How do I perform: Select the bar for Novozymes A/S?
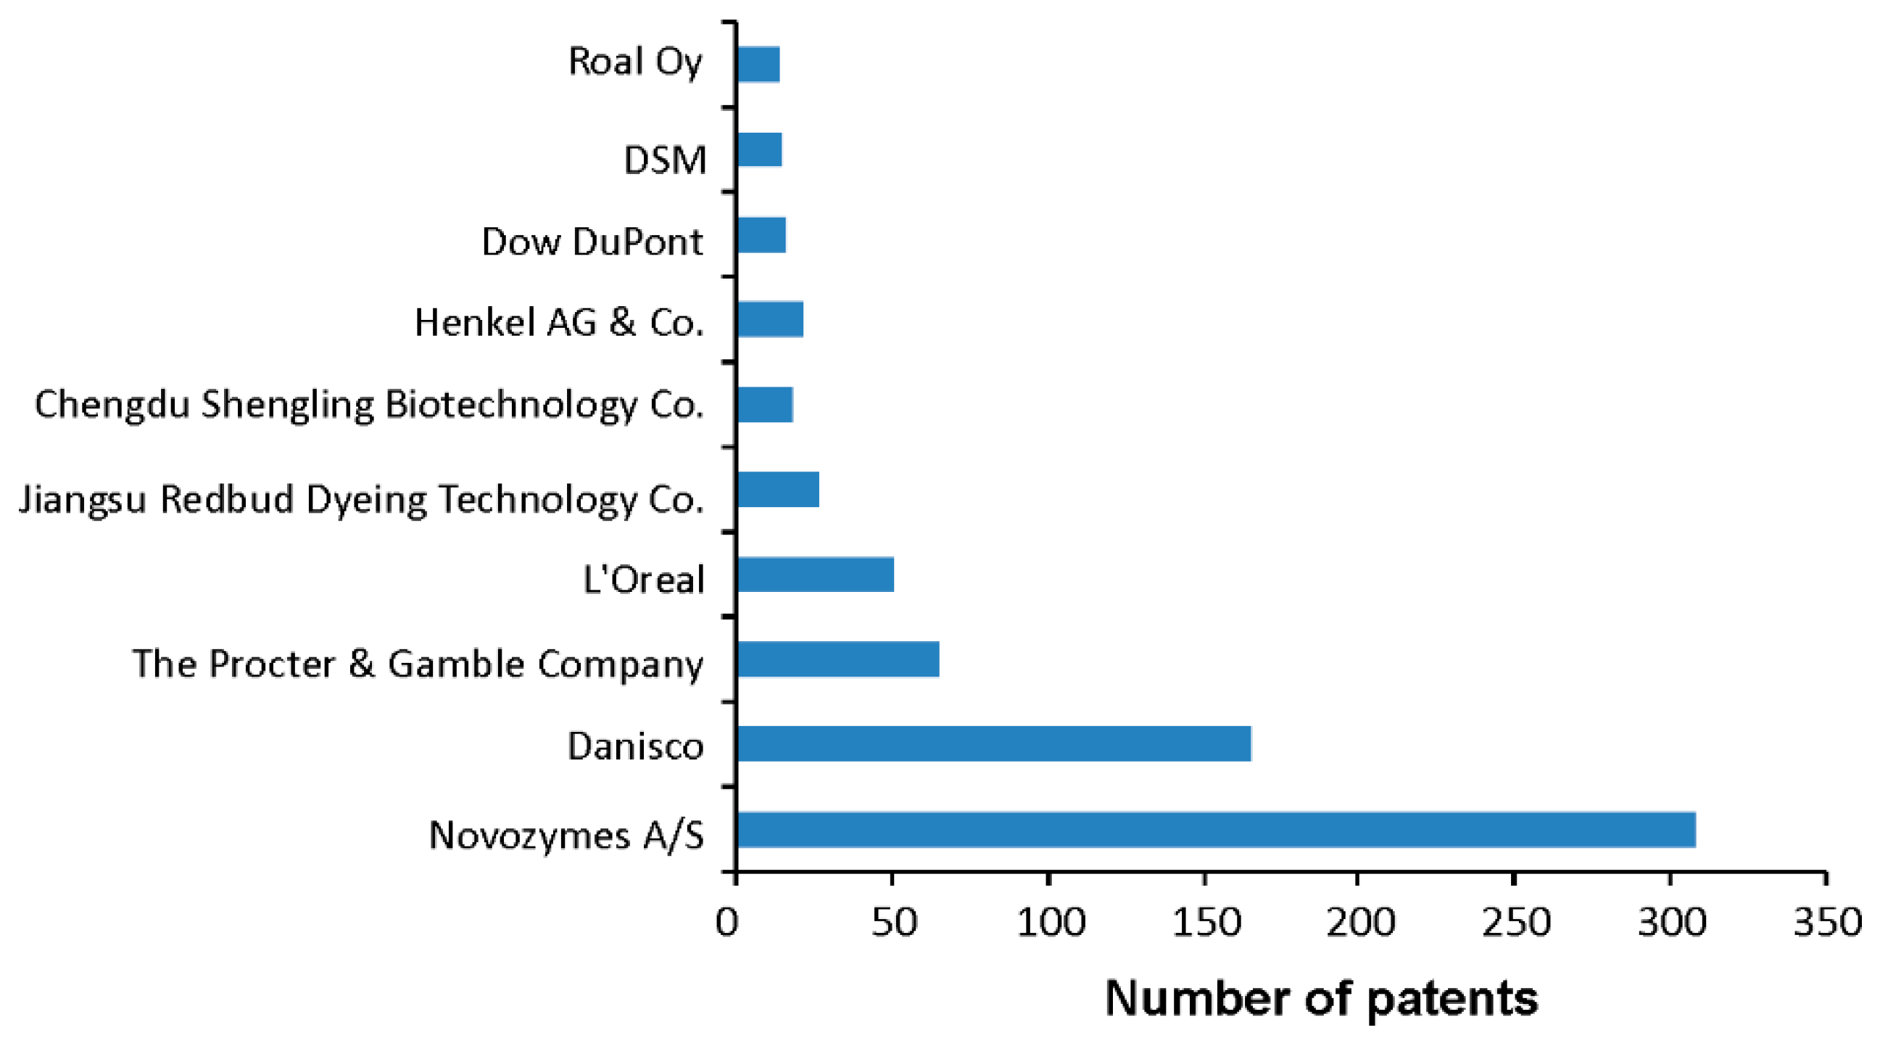pyautogui.click(x=1215, y=829)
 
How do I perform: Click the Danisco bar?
pyautogui.click(x=994, y=744)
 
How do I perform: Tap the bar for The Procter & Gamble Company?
pyautogui.click(x=838, y=659)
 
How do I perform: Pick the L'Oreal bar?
pyautogui.click(x=815, y=575)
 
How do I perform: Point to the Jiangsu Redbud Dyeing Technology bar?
pyautogui.click(x=778, y=489)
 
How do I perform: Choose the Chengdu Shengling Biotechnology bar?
pyautogui.click(x=765, y=404)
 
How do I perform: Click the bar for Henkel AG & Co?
pyautogui.click(x=770, y=319)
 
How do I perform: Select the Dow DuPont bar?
pyautogui.click(x=761, y=235)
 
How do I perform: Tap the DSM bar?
pyautogui.click(x=759, y=149)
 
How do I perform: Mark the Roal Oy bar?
pyautogui.click(x=758, y=65)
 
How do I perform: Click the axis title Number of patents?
pyautogui.click(x=1321, y=998)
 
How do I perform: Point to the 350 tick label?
pyautogui.click(x=1827, y=922)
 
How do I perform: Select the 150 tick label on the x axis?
pyautogui.click(x=1205, y=922)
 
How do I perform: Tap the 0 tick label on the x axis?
pyautogui.click(x=727, y=922)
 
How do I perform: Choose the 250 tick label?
pyautogui.click(x=1516, y=922)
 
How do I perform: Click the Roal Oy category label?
pyautogui.click(x=635, y=62)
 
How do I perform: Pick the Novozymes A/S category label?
pyautogui.click(x=566, y=834)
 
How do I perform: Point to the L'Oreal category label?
pyautogui.click(x=644, y=580)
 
